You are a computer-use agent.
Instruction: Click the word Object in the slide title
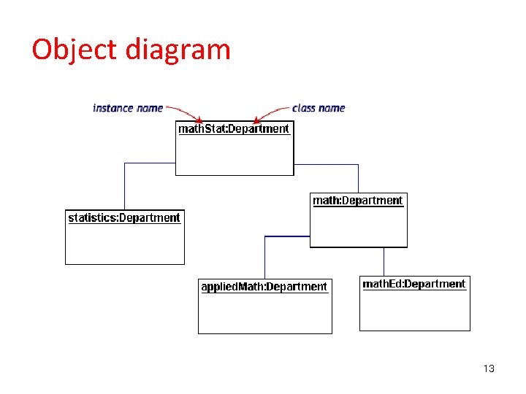74,50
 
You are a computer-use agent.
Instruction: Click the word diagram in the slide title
178,50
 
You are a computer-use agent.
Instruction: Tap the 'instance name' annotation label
128,108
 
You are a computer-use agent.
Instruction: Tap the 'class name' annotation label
319,108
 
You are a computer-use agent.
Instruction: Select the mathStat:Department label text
234,129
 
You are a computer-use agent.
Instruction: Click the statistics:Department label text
124,217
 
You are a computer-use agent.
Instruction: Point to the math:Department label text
357,201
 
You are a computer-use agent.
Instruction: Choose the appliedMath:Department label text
264,287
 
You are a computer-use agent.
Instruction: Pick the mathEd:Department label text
414,284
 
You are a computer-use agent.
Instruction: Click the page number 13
489,368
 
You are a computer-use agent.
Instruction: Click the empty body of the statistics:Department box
124,244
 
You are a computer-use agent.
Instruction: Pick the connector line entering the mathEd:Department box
384,261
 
